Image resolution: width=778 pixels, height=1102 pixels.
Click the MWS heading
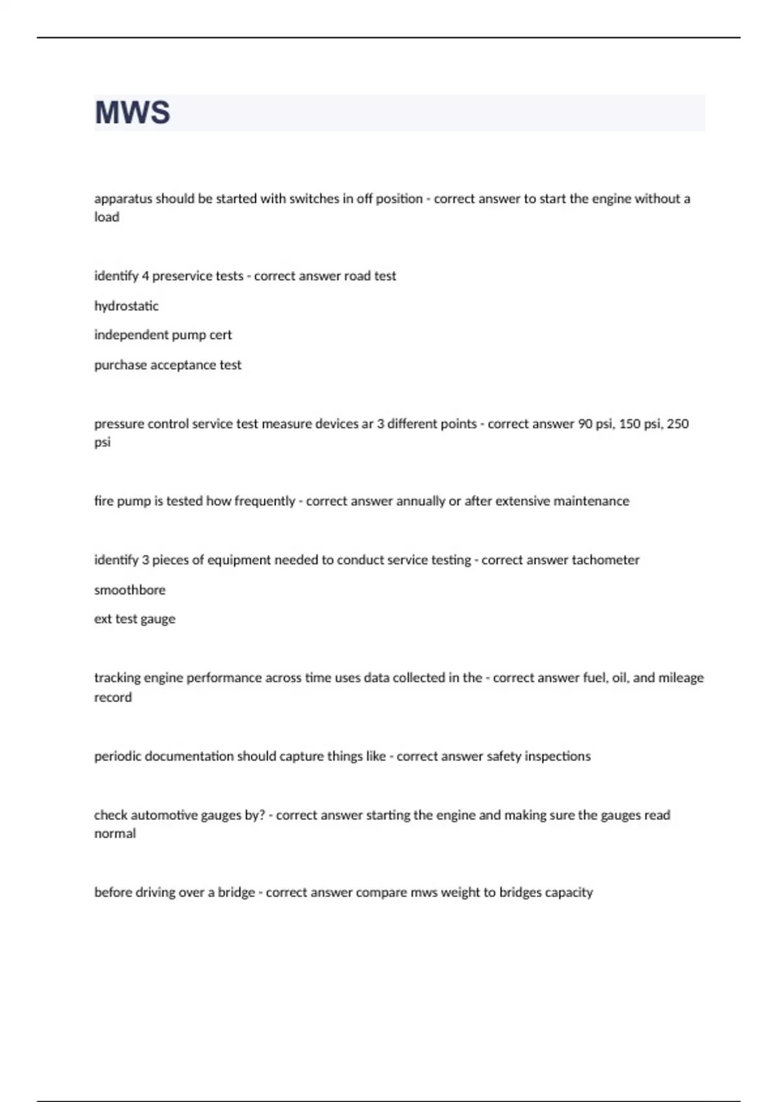pyautogui.click(x=132, y=113)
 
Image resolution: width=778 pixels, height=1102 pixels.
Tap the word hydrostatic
pyautogui.click(x=126, y=306)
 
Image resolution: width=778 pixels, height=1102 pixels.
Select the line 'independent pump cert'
pyautogui.click(x=163, y=335)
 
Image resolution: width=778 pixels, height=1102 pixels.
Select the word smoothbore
pyautogui.click(x=130, y=590)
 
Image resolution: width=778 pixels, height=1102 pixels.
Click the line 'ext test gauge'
pyautogui.click(x=135, y=619)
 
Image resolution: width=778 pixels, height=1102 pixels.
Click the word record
pyautogui.click(x=113, y=698)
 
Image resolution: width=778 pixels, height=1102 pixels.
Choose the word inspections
pyautogui.click(x=558, y=756)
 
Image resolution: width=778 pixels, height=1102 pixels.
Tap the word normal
pyautogui.click(x=115, y=834)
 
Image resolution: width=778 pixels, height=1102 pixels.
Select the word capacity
pyautogui.click(x=569, y=893)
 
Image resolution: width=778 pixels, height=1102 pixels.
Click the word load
pyautogui.click(x=107, y=217)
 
